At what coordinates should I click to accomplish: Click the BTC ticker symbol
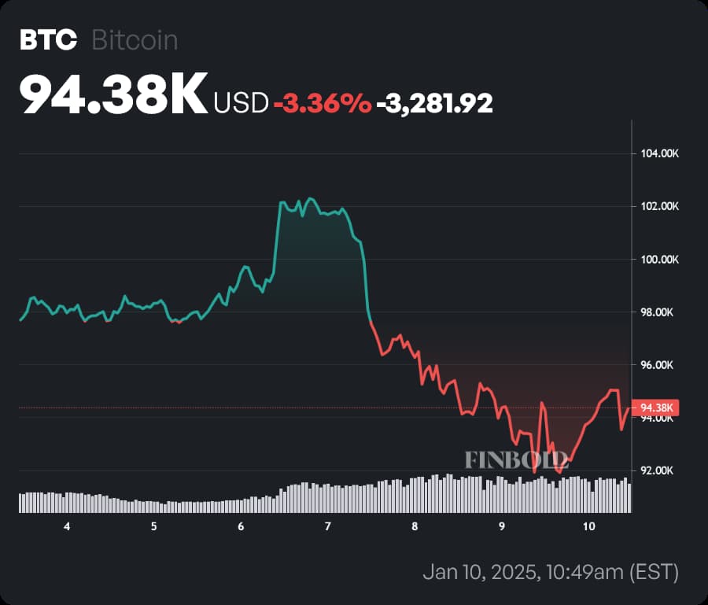coord(48,41)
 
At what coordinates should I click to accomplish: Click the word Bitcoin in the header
coord(135,41)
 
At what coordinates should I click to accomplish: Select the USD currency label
coord(241,102)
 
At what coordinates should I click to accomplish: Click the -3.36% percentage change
coord(322,102)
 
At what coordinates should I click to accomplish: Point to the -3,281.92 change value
coord(434,102)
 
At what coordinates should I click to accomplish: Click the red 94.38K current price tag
coord(656,408)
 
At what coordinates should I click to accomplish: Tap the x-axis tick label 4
coord(67,526)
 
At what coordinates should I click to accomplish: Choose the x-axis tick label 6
coord(241,526)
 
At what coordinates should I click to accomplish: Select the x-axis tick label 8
coord(415,526)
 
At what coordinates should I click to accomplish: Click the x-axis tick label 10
coord(588,526)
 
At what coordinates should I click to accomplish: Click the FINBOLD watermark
coord(516,459)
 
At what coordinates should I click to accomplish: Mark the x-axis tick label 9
coord(502,526)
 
